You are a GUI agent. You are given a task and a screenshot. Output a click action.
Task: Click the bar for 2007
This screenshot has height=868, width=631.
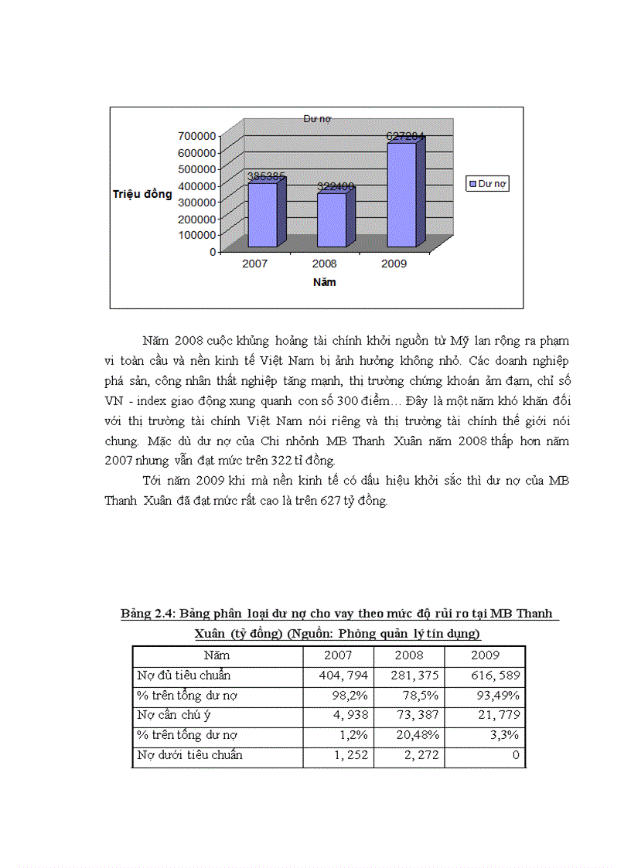pyautogui.click(x=261, y=215)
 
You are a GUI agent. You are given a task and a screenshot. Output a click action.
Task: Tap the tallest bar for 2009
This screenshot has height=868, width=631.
pyautogui.click(x=401, y=195)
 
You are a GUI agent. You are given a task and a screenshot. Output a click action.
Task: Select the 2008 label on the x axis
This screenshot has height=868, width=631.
pyautogui.click(x=324, y=264)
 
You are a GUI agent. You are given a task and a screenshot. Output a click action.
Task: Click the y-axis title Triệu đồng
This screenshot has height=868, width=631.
pyautogui.click(x=142, y=195)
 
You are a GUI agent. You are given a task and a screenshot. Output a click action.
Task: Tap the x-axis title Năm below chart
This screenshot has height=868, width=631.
pyautogui.click(x=324, y=282)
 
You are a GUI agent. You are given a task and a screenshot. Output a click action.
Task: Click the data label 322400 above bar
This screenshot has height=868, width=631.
pyautogui.click(x=335, y=186)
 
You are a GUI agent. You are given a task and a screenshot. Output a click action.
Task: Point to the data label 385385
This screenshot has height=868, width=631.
pyautogui.click(x=266, y=176)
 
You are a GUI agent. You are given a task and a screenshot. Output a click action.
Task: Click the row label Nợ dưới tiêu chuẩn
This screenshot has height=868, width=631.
pyautogui.click(x=189, y=755)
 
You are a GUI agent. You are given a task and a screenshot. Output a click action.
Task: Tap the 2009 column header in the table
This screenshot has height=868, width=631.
pyautogui.click(x=486, y=655)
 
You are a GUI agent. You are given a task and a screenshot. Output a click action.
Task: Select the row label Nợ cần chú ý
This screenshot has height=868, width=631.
pyautogui.click(x=174, y=715)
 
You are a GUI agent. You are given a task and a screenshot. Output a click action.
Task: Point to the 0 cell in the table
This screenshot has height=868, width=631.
pyautogui.click(x=517, y=755)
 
